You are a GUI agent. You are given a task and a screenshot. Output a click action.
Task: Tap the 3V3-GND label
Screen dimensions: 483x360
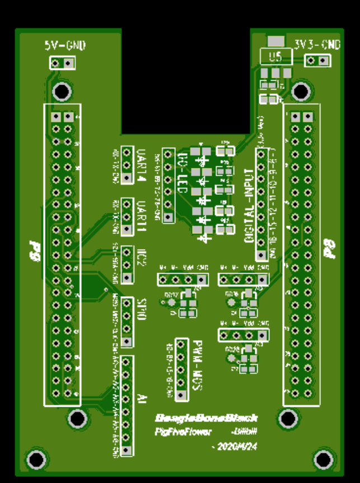[317, 45]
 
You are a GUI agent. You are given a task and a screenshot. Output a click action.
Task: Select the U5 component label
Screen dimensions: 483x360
[275, 57]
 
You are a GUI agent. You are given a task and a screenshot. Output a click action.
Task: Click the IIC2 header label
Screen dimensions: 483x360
[142, 261]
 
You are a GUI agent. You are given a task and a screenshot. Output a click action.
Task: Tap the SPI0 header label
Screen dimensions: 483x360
[142, 310]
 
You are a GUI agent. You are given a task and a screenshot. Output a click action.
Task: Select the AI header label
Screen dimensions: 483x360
[142, 398]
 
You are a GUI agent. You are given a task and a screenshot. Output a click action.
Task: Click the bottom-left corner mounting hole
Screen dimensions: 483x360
[36, 460]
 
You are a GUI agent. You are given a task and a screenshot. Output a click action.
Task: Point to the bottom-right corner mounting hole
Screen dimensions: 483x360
[322, 459]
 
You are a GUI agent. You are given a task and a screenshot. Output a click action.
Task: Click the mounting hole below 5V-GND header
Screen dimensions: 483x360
[62, 91]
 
